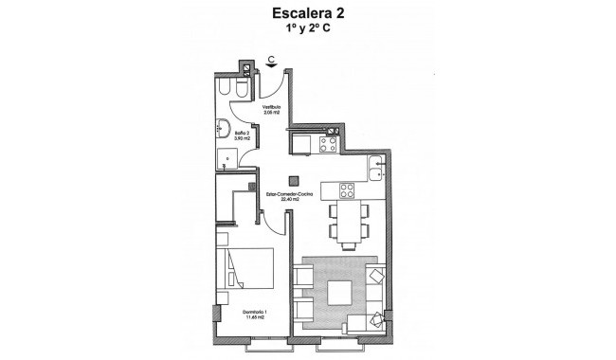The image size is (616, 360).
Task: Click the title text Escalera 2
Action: point(307,14)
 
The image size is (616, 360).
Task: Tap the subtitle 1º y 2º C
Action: point(307,30)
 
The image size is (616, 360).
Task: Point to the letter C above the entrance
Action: point(271,60)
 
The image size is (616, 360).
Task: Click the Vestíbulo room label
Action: point(272,107)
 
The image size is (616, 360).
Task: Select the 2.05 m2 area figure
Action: point(272,114)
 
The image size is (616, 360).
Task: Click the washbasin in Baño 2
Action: point(226,130)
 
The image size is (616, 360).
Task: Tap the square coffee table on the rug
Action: point(338,294)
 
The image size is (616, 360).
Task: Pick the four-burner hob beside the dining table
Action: point(348,189)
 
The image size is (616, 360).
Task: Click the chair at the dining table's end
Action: point(348,246)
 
